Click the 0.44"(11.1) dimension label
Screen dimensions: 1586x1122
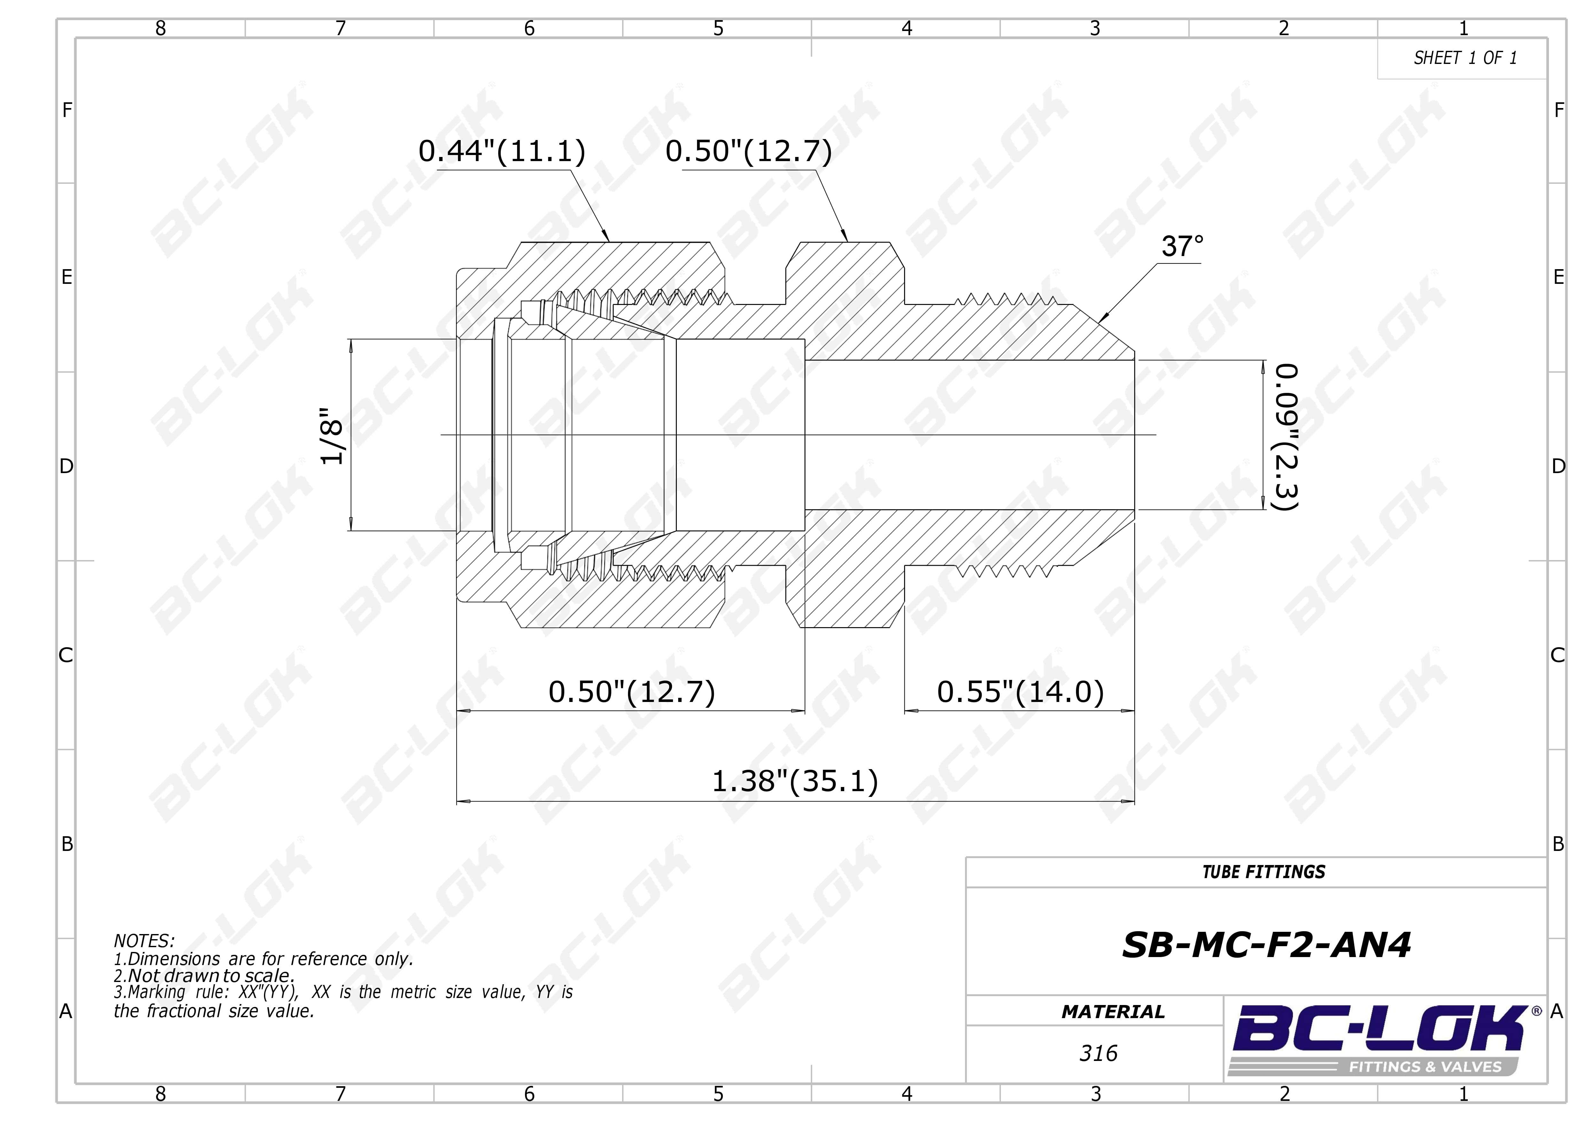(x=502, y=151)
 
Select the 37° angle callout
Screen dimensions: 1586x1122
(x=1182, y=247)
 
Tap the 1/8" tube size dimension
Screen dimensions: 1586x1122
(x=332, y=435)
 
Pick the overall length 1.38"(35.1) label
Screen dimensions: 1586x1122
(x=794, y=781)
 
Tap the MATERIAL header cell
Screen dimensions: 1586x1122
(x=1113, y=1012)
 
